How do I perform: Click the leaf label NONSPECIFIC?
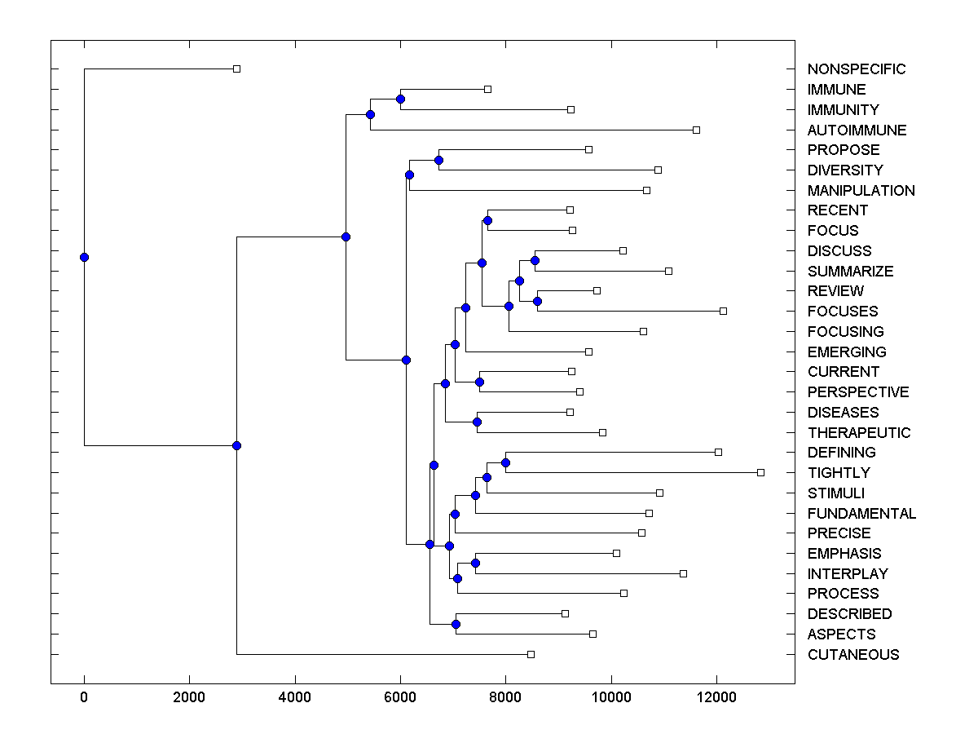click(x=856, y=69)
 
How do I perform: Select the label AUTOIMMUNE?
click(x=857, y=130)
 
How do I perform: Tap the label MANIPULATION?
click(x=861, y=191)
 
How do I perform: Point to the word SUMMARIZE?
click(x=850, y=272)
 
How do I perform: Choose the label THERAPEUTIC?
click(x=859, y=433)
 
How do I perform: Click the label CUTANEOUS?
click(x=853, y=655)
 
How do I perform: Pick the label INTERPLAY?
click(x=848, y=574)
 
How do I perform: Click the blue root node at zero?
click(x=84, y=257)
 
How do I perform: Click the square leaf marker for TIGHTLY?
click(x=760, y=472)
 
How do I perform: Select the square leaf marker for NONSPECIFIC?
click(x=236, y=69)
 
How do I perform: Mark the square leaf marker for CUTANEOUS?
click(x=531, y=654)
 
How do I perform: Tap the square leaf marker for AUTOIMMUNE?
click(x=696, y=130)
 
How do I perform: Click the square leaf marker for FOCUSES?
click(x=723, y=311)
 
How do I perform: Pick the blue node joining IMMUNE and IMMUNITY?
click(x=400, y=99)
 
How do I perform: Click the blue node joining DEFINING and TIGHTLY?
click(x=505, y=462)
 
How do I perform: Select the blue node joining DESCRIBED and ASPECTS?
click(x=456, y=624)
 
